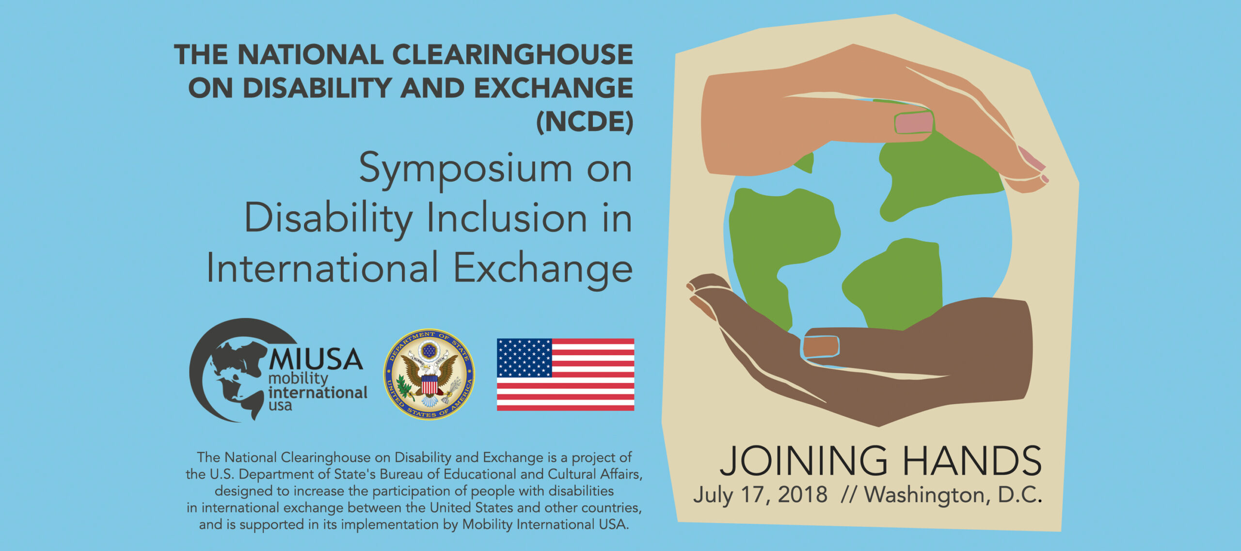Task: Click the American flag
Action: pos(565,374)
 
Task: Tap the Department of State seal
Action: pos(429,374)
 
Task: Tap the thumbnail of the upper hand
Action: pos(913,123)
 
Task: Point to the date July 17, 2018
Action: pos(760,495)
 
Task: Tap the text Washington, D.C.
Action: pos(953,495)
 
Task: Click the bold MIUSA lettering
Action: pos(316,359)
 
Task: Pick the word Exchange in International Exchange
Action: pos(543,268)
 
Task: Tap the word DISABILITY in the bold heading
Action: pos(317,88)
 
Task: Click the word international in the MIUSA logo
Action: pos(318,393)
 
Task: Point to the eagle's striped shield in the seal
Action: pos(429,385)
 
